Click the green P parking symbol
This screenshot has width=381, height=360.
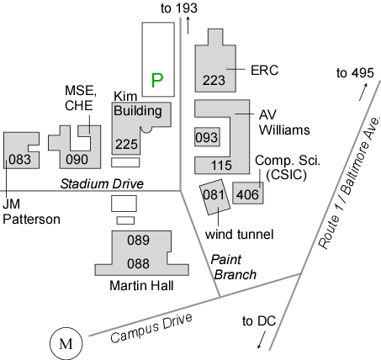click(157, 80)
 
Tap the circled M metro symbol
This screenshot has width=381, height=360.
click(66, 343)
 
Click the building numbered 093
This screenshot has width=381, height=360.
click(207, 137)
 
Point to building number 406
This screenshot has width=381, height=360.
click(248, 193)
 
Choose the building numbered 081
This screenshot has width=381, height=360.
click(214, 197)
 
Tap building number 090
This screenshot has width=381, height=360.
click(77, 160)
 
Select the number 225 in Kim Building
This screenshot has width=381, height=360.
click(126, 145)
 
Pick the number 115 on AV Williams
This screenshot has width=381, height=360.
click(221, 165)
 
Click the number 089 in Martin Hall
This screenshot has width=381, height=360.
click(138, 241)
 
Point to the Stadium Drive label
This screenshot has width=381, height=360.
click(102, 184)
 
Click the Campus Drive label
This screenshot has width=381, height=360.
click(151, 328)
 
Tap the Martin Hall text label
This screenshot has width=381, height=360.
click(141, 286)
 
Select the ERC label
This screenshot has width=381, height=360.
click(264, 71)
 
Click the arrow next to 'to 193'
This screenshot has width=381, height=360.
click(188, 25)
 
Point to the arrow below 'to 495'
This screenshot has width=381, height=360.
click(363, 92)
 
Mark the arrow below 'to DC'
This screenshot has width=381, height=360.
click(262, 340)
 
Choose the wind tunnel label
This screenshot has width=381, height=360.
click(240, 235)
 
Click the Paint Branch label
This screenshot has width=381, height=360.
click(233, 267)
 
